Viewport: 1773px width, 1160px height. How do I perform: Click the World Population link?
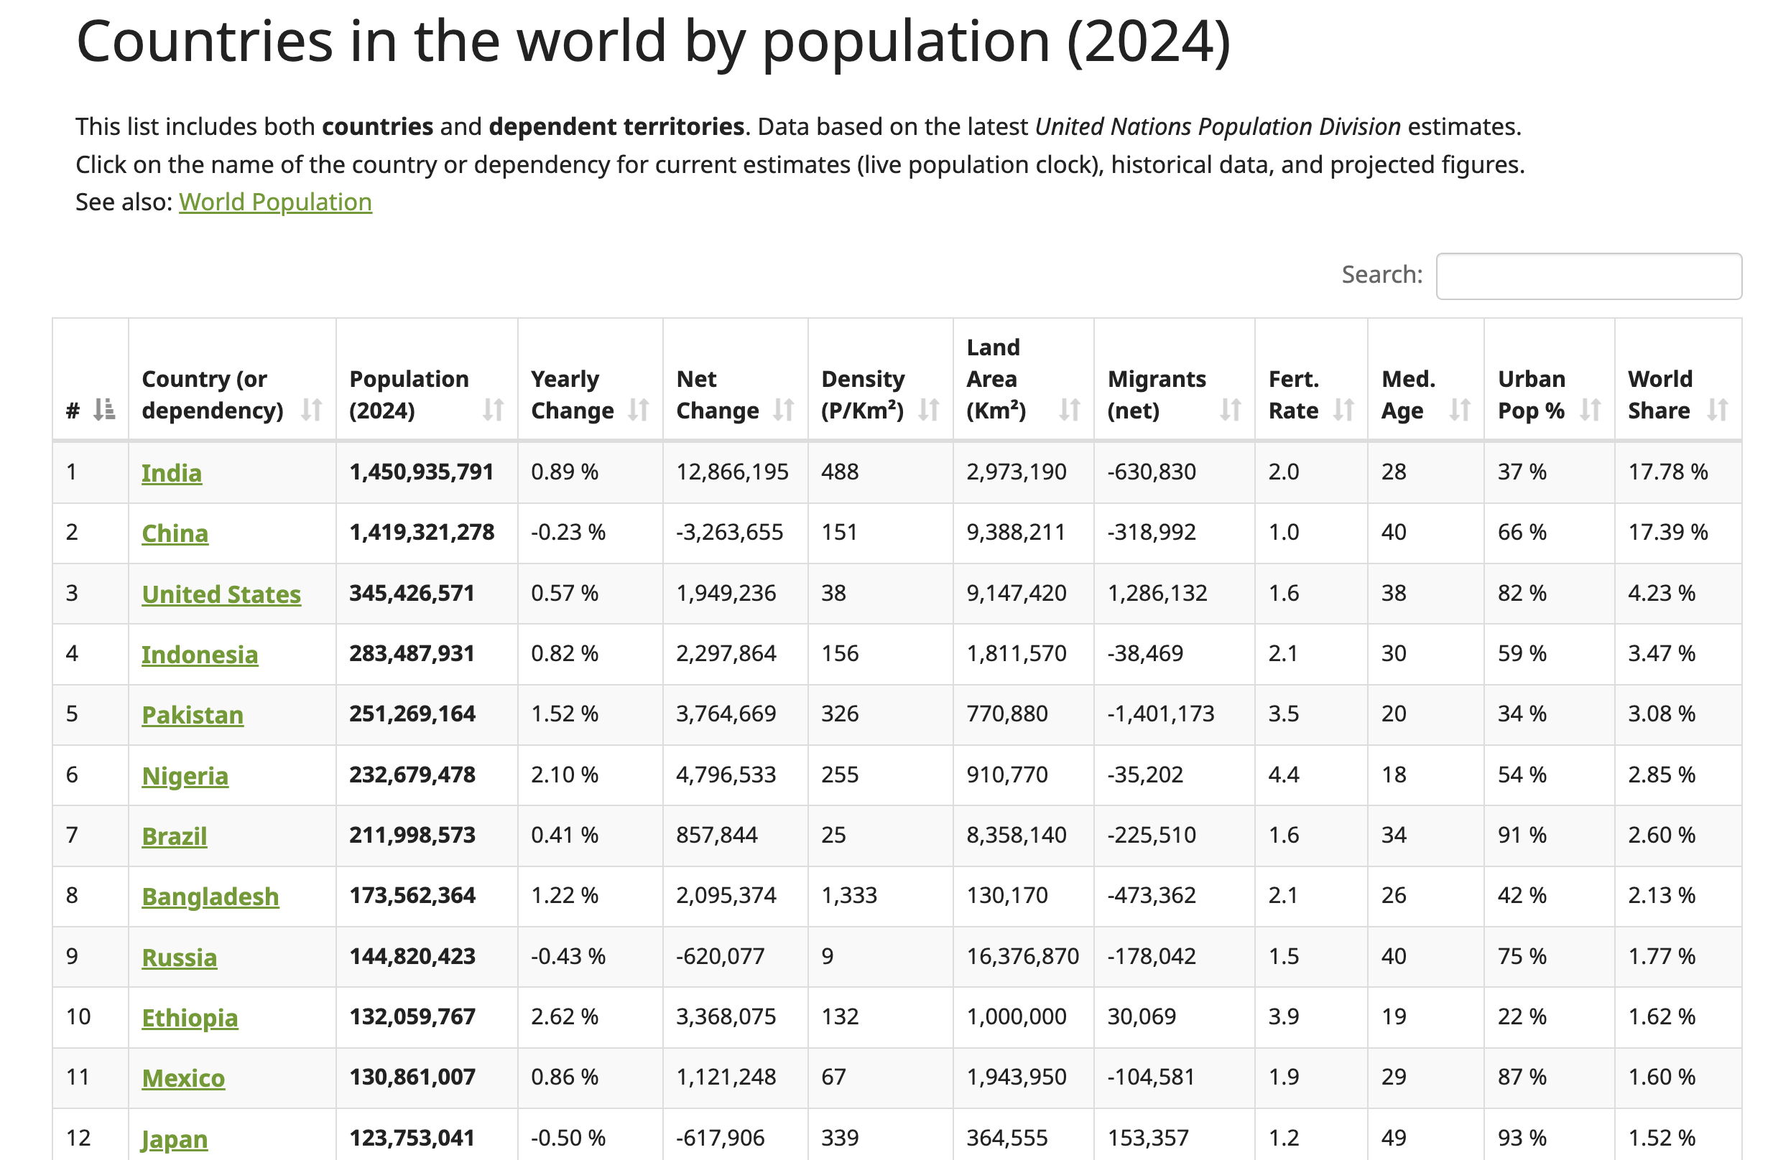pos(275,202)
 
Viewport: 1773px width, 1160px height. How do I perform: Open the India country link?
pos(172,473)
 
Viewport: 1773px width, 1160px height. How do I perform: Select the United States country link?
pos(221,594)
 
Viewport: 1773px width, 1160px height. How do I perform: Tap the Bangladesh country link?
pos(210,897)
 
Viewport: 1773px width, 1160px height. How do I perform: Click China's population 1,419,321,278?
pos(422,533)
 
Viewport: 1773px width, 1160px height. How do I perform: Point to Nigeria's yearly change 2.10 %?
pos(564,775)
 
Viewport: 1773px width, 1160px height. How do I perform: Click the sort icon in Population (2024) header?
pos(492,409)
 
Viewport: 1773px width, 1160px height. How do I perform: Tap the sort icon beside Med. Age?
pos(1459,409)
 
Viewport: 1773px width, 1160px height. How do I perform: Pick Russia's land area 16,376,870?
pos(1022,957)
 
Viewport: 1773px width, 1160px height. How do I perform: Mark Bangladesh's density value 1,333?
pos(848,896)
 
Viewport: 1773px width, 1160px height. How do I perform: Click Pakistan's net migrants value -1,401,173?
pos(1160,714)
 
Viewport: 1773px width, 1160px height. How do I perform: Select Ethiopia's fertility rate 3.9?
pos(1284,1017)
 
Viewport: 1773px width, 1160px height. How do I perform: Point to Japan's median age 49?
pos(1393,1138)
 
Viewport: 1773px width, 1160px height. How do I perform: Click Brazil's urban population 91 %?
pos(1522,836)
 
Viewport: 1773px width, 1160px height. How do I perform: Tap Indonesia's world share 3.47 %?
pos(1661,654)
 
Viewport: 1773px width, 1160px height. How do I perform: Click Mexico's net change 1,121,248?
pos(726,1077)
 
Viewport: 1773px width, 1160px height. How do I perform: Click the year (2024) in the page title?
pos(1148,42)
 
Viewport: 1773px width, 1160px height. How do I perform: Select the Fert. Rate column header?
pos(1293,395)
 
